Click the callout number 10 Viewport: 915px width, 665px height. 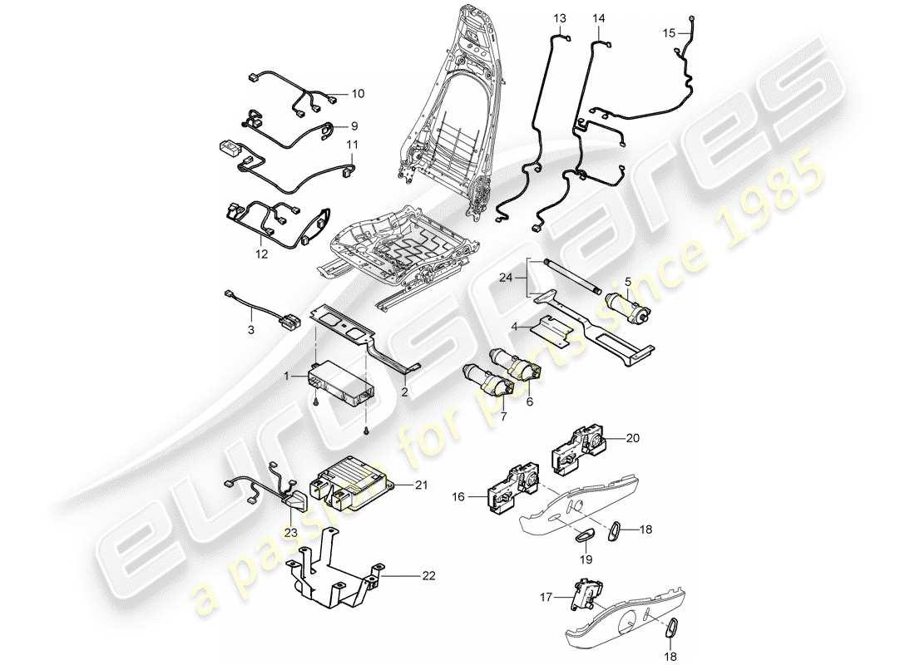pos(357,94)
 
